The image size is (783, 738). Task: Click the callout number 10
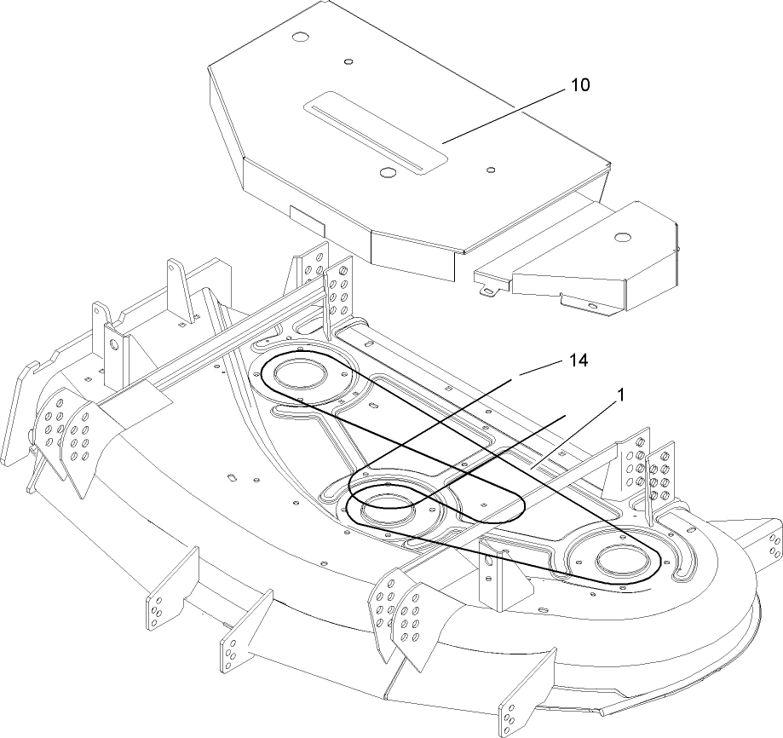click(579, 85)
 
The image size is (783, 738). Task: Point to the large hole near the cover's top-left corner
click(299, 38)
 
